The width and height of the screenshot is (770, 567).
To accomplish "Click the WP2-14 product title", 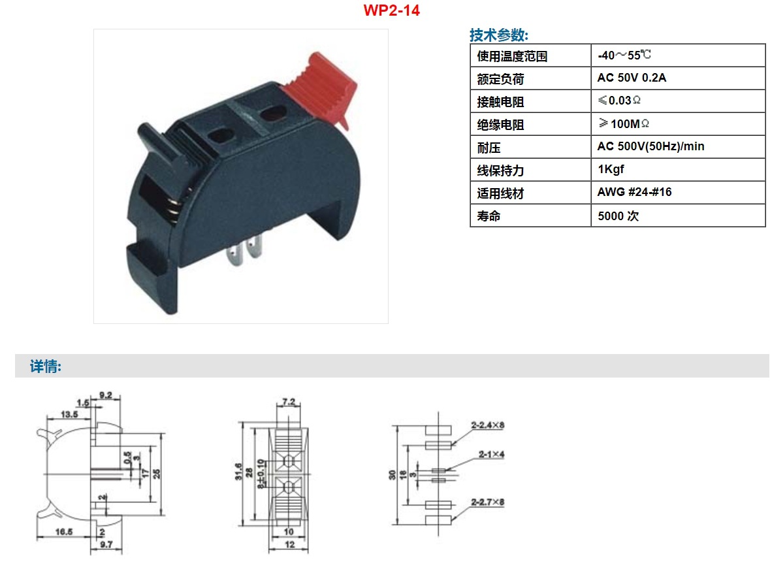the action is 391,11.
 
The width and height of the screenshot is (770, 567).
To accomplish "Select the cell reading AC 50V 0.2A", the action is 632,78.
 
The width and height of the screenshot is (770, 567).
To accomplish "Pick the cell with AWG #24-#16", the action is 634,193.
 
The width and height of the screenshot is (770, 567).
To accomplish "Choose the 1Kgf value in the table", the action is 611,170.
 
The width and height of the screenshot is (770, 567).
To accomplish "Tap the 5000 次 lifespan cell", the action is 618,216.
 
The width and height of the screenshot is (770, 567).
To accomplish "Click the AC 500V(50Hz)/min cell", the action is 650,146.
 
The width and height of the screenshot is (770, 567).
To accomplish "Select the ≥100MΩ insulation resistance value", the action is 624,123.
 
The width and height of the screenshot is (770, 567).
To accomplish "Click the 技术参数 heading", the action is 499,35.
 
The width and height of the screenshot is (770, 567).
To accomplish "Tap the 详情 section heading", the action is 46,366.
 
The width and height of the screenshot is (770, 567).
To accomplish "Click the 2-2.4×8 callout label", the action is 488,425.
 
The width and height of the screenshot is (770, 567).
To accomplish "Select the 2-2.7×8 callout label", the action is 488,502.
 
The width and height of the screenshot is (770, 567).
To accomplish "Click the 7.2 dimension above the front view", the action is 289,401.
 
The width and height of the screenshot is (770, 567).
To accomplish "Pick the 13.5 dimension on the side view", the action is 69,414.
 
